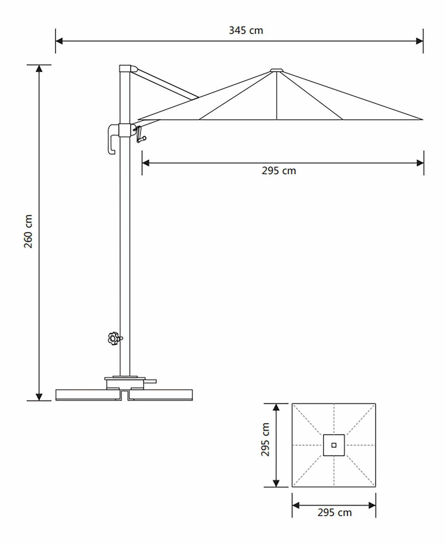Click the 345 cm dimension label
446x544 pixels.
tap(246, 30)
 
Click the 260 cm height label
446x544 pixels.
tap(28, 231)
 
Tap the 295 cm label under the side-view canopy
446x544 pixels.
tap(279, 171)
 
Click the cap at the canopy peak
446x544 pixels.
tap(276, 70)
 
